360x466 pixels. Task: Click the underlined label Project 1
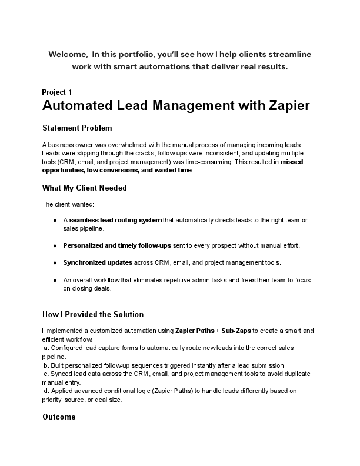tap(57, 92)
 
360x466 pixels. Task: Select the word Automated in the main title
tap(83, 106)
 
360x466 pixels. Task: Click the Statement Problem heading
tap(77, 128)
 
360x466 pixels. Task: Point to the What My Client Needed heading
tap(84, 188)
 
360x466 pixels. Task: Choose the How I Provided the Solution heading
tap(93, 314)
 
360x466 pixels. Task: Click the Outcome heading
tap(59, 417)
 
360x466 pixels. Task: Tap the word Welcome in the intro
tap(67, 54)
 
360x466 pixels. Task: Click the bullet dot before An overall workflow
tap(55, 280)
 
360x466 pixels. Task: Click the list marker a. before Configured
tap(46, 348)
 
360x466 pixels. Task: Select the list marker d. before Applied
tap(46, 390)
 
